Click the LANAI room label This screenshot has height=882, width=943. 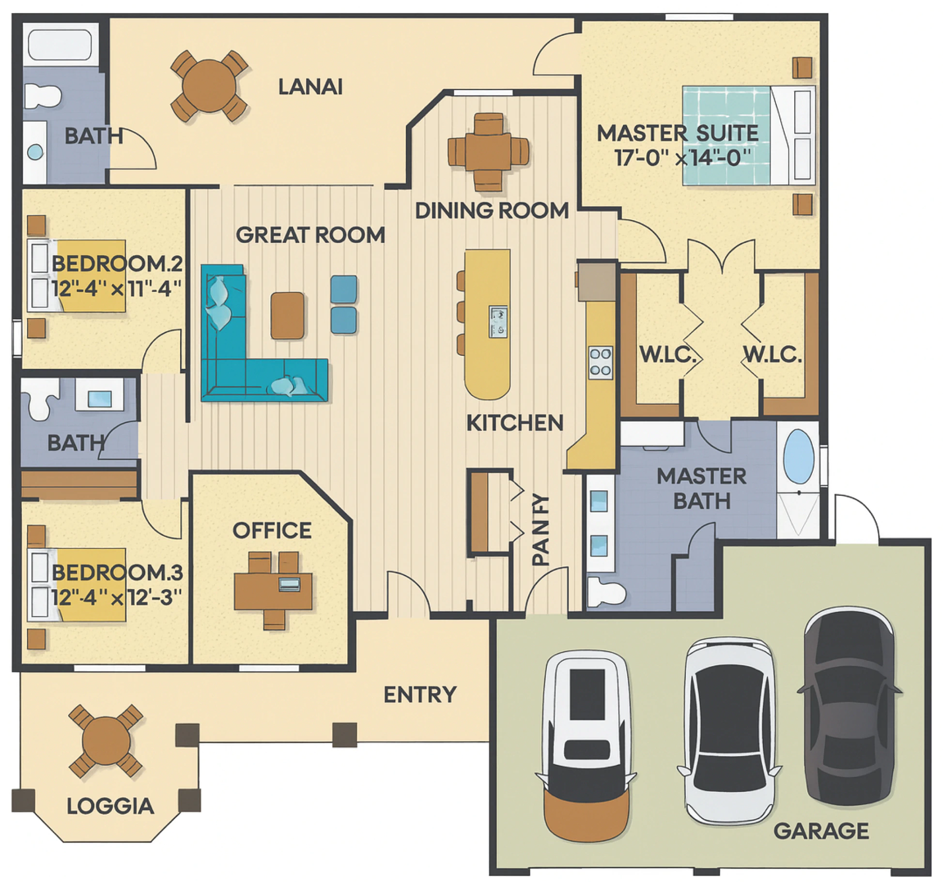[x=310, y=87]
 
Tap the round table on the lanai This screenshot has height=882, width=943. [x=209, y=86]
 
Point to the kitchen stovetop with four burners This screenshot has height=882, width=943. [x=600, y=363]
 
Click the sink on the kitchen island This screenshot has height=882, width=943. [x=498, y=321]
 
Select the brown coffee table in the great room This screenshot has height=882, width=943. [x=288, y=315]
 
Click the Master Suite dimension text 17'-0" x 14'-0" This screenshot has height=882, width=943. [x=683, y=157]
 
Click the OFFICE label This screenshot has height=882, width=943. [x=272, y=531]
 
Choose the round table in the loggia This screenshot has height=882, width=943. [x=106, y=741]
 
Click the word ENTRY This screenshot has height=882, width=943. [x=420, y=695]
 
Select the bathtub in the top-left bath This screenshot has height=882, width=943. [x=60, y=44]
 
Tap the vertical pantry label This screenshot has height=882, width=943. [x=541, y=530]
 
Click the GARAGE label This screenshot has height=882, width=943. [x=821, y=831]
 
